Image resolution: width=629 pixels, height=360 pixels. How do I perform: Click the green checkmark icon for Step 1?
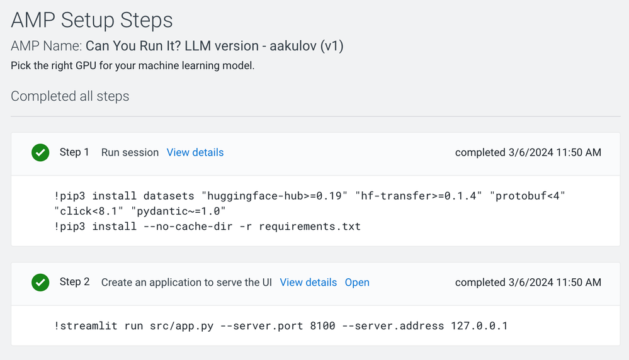click(x=40, y=152)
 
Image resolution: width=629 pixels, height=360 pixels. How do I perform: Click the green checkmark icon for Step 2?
click(x=40, y=282)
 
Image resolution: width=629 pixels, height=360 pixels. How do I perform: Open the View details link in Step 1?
click(x=195, y=152)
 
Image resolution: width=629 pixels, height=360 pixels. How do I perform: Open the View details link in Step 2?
click(x=308, y=282)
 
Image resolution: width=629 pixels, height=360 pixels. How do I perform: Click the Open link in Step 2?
click(x=357, y=282)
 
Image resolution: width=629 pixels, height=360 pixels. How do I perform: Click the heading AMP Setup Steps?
click(x=92, y=20)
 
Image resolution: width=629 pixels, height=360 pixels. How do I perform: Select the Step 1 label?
click(x=74, y=152)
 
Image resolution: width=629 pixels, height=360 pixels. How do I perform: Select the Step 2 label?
click(x=75, y=282)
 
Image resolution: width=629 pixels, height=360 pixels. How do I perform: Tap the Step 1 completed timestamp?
click(x=528, y=152)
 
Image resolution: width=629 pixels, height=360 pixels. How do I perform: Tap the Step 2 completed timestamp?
click(x=528, y=282)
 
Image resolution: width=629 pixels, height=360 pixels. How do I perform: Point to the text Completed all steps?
click(x=70, y=96)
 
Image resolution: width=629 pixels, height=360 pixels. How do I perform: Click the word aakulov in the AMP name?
click(x=293, y=46)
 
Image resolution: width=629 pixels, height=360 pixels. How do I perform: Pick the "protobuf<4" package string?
click(x=528, y=196)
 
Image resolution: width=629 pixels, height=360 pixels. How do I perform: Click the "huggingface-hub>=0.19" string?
click(x=275, y=196)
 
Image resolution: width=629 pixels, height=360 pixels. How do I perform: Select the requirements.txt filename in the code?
click(x=310, y=227)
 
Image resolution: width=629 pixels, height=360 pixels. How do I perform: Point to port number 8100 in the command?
click(x=322, y=325)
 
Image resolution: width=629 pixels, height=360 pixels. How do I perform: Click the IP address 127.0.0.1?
click(x=479, y=325)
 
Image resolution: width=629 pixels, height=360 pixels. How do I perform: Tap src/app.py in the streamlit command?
click(x=182, y=325)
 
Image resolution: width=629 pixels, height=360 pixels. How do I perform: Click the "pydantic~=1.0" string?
click(x=179, y=211)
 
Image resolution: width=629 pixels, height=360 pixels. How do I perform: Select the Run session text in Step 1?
click(x=130, y=152)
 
